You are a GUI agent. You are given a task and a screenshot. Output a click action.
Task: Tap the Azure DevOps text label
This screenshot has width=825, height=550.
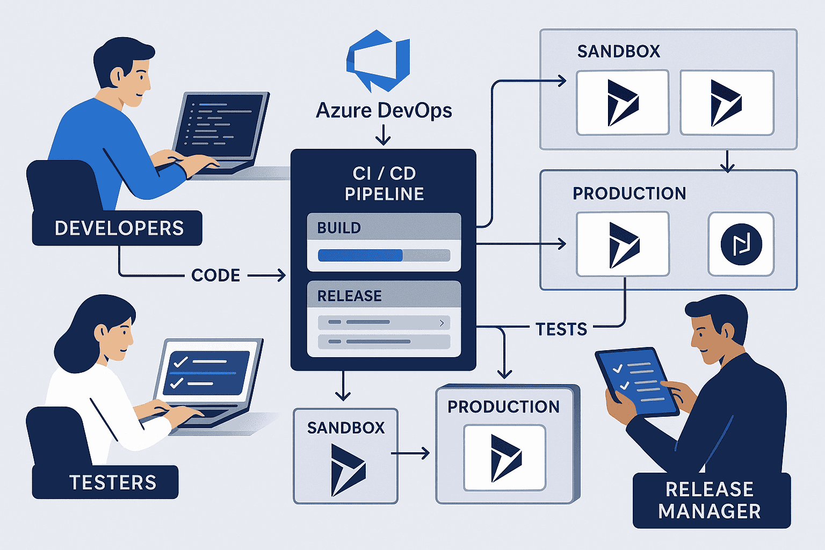[383, 111]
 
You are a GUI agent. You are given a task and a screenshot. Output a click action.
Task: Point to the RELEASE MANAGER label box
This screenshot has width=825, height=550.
[711, 501]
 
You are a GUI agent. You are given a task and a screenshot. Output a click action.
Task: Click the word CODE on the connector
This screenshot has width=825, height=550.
[215, 276]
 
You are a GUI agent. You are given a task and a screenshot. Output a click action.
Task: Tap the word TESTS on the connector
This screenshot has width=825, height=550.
[561, 329]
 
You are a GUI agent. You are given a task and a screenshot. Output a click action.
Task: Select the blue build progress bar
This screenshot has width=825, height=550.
[360, 255]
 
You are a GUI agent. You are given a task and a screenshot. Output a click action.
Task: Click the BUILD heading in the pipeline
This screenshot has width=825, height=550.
[339, 228]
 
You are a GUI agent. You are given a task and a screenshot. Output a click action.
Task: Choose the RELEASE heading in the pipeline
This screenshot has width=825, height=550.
[350, 296]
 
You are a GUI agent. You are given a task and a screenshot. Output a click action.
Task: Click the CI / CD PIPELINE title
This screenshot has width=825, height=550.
[384, 184]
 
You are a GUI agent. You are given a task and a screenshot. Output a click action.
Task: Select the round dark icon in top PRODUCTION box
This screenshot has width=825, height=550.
[741, 244]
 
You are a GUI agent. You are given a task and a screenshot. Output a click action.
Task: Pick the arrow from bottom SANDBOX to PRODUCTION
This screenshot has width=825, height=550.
[410, 453]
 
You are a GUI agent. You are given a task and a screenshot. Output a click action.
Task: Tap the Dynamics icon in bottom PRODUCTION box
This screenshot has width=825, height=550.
[505, 458]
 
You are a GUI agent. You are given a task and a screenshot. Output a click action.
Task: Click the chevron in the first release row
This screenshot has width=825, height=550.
[442, 323]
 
